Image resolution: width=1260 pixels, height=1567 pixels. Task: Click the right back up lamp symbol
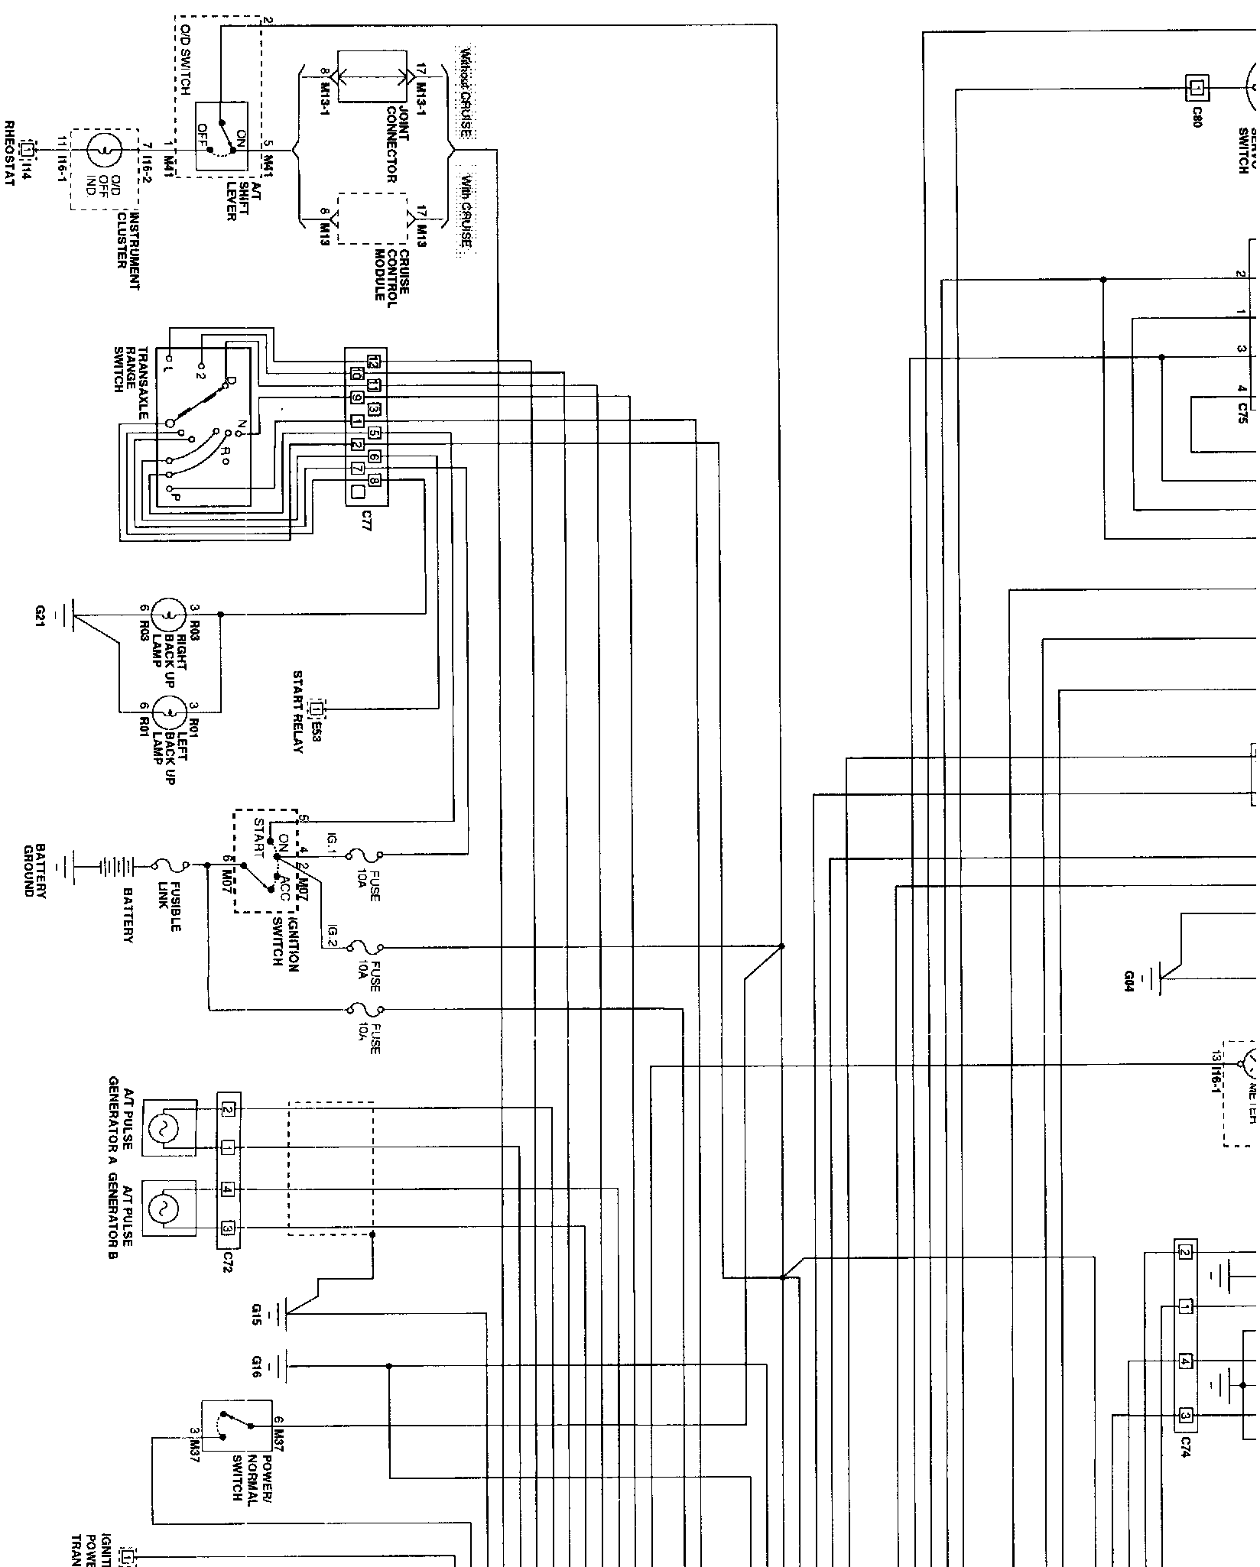[x=164, y=614]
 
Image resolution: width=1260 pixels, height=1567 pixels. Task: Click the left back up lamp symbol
[x=164, y=713]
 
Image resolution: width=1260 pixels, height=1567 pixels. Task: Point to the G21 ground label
[x=40, y=615]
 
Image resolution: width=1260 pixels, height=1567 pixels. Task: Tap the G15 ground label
[x=256, y=1314]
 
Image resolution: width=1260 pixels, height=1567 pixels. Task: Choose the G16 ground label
[x=256, y=1366]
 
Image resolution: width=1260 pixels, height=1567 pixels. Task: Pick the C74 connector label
[x=1186, y=1445]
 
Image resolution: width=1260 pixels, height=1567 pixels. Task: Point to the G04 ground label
[x=1129, y=981]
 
